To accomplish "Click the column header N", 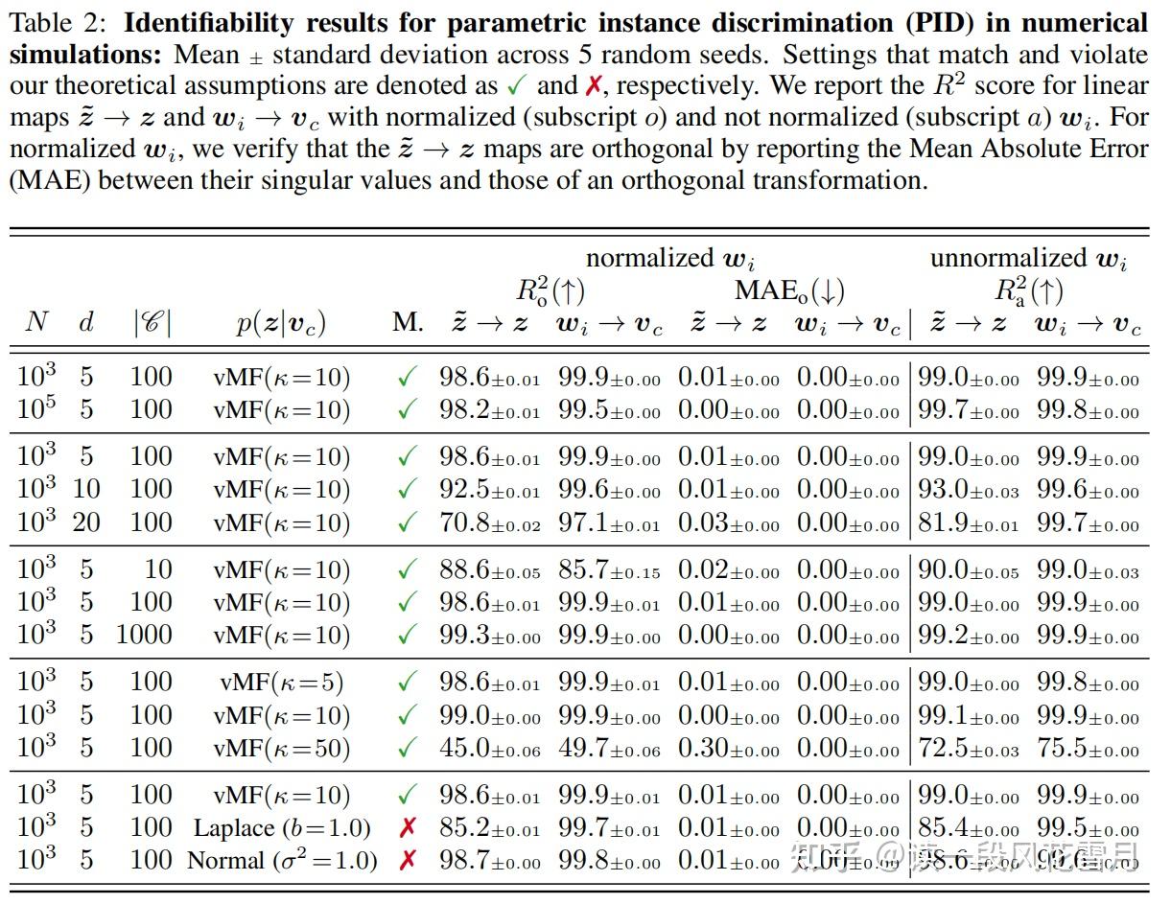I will pyautogui.click(x=36, y=323).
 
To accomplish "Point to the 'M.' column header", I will pyautogui.click(x=408, y=323).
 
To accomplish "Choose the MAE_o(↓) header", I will pyautogui.click(x=789, y=290).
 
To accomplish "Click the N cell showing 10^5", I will pyautogui.click(x=37, y=409).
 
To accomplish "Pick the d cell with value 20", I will pyautogui.click(x=86, y=522).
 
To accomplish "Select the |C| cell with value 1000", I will pyautogui.click(x=144, y=635).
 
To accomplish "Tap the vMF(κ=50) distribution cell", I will pyautogui.click(x=281, y=748).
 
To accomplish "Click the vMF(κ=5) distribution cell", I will pyautogui.click(x=281, y=683).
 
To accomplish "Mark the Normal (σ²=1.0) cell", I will pyautogui.click(x=282, y=860).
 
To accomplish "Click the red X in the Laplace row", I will pyautogui.click(x=408, y=828).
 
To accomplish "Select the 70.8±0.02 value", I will pyautogui.click(x=489, y=523).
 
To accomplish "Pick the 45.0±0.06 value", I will pyautogui.click(x=489, y=748).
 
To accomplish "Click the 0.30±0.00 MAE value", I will pyautogui.click(x=729, y=748).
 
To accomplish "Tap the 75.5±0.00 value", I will pyautogui.click(x=1088, y=748).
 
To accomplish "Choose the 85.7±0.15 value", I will pyautogui.click(x=609, y=570).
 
